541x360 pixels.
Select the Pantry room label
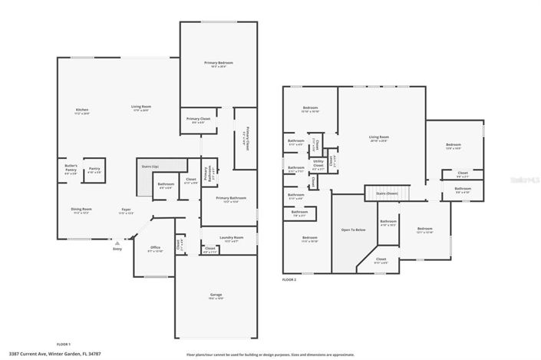click(94, 170)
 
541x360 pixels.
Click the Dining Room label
click(82, 210)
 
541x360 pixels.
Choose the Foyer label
click(125, 211)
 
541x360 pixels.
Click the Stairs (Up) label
click(150, 166)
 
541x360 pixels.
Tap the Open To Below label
click(352, 230)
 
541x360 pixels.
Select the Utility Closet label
click(318, 163)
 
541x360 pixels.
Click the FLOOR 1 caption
click(64, 344)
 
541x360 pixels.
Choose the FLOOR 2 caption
click(289, 279)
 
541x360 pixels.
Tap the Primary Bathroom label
click(229, 200)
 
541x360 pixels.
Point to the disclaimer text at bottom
click(271, 355)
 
